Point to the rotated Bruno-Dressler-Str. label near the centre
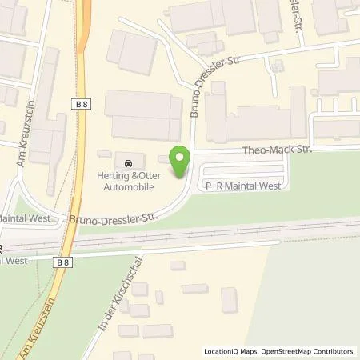click(195, 92)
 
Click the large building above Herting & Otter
click(144, 115)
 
